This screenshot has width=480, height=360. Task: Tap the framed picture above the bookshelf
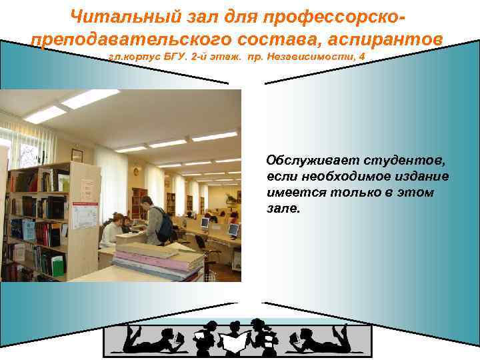tap(77, 155)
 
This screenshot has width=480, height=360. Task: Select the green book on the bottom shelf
tap(58, 265)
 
